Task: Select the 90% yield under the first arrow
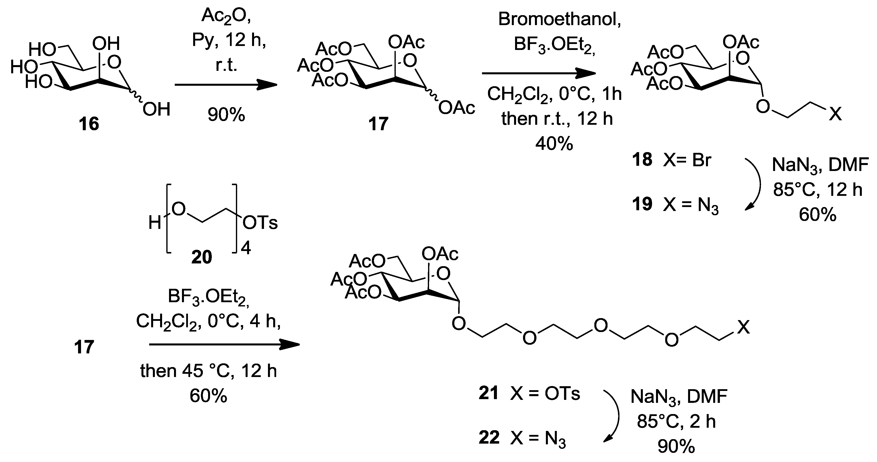[x=226, y=115]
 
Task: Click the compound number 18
[x=642, y=160]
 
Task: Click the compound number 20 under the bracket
[x=202, y=257]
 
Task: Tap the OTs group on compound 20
[x=260, y=223]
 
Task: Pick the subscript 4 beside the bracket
[x=246, y=249]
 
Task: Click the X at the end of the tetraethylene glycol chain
[x=744, y=327]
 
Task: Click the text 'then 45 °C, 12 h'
[x=208, y=371]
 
